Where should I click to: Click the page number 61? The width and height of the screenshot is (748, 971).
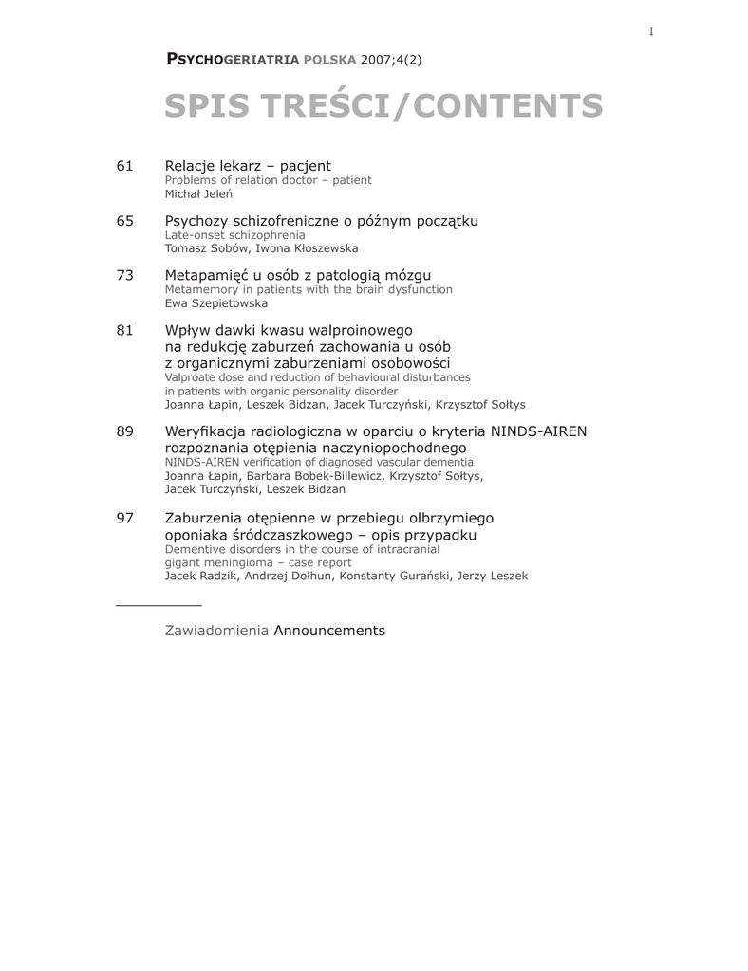pos(124,166)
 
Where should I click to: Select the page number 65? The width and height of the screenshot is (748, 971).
pos(124,221)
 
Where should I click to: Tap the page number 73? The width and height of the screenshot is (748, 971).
pos(124,275)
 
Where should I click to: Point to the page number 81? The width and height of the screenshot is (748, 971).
pos(124,330)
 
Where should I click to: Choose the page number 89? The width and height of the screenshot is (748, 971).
pos(124,431)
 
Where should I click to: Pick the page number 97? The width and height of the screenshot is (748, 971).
pos(124,518)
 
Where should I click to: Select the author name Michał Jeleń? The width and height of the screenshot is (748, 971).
pos(199,193)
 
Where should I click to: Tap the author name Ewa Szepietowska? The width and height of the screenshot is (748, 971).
pos(216,303)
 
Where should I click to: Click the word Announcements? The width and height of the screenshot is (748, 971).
pos(329,631)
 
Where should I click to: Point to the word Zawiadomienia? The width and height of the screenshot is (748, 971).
pos(216,631)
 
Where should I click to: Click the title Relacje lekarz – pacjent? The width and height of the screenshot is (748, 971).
pos(248,166)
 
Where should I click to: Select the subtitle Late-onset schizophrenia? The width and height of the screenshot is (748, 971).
pos(235,234)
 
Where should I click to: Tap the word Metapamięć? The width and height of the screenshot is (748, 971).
pos(207,275)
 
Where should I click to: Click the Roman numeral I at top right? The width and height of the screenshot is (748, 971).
pos(651,31)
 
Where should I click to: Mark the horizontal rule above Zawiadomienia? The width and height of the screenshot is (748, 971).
pos(159,604)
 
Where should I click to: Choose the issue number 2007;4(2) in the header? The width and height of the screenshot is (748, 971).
pos(391,60)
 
